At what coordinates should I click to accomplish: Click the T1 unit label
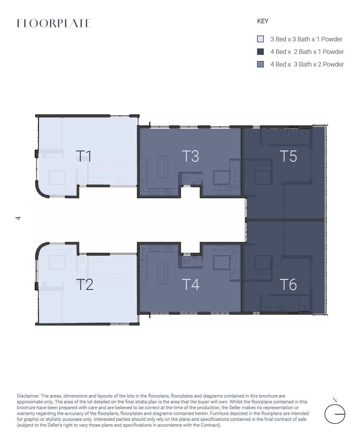point(84,156)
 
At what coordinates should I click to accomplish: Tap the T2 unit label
point(85,284)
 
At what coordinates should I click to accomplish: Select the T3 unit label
point(190,156)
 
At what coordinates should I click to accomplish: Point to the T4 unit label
point(191,284)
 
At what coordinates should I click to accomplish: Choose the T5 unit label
point(288,156)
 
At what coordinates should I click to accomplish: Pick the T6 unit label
point(288,284)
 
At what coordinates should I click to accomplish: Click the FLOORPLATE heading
point(54,23)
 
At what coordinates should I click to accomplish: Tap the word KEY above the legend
point(263,21)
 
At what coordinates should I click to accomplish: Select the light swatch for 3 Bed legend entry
point(260,39)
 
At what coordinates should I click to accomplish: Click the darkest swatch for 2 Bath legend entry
point(260,52)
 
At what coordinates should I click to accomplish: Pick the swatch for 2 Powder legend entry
point(260,64)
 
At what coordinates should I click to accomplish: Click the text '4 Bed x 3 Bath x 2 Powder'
point(307,64)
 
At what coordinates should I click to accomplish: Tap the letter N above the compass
point(335,400)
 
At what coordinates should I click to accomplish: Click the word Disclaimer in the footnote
point(28,396)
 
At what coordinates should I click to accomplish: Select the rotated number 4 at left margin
point(18,218)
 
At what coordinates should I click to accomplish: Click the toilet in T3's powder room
point(185,179)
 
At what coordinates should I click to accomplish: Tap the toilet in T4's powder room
point(185,261)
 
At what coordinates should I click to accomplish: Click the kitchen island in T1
point(112,161)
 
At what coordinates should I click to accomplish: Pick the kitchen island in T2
point(112,279)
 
